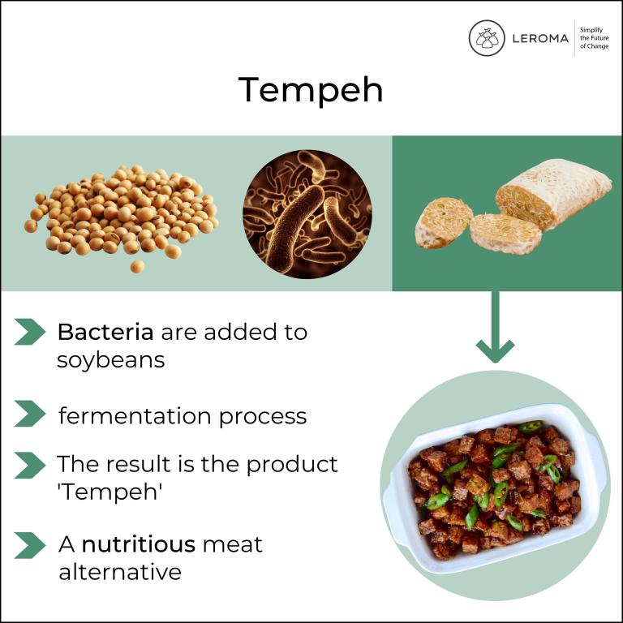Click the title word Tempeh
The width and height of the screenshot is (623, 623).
[311, 90]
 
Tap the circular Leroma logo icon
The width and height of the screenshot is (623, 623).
[487, 38]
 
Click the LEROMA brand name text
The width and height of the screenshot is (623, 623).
[540, 39]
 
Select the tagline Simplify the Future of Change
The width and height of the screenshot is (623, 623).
[594, 38]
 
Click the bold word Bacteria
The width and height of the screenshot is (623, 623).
[105, 332]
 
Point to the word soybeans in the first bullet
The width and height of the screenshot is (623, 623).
[111, 360]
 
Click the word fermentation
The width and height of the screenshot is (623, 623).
[135, 416]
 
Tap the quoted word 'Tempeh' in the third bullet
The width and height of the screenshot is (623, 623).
[110, 492]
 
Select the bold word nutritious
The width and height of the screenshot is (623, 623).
[138, 544]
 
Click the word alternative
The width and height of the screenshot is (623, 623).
[120, 572]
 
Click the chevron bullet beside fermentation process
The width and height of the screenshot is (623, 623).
[30, 414]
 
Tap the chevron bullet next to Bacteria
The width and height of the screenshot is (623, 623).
[30, 332]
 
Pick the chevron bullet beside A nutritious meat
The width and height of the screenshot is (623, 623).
[30, 545]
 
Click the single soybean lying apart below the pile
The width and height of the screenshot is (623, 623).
[137, 267]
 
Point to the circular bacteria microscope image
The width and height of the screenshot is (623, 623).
[307, 214]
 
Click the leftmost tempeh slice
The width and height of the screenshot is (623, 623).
[443, 222]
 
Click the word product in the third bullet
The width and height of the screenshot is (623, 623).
[292, 464]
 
